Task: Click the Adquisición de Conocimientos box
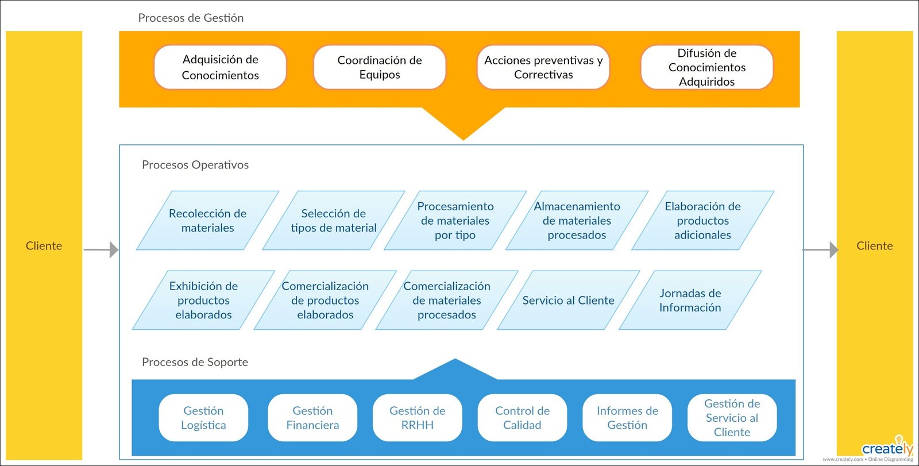[x=220, y=67]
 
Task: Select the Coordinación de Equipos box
[x=379, y=67]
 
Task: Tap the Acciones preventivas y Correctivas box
[x=543, y=67]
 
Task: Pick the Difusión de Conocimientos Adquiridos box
[x=706, y=67]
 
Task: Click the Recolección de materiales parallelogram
[x=207, y=221]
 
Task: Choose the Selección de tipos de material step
[x=333, y=221]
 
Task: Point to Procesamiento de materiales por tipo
[x=455, y=221]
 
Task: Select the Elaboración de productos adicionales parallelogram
[x=702, y=221]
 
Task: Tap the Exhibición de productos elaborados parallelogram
[x=203, y=300]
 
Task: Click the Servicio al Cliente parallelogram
[x=568, y=300]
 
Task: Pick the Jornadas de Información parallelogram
[x=690, y=300]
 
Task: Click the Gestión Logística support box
[x=203, y=418]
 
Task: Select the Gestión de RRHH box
[x=417, y=418]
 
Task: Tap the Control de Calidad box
[x=522, y=418]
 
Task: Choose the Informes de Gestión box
[x=627, y=418]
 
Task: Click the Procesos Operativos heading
[x=195, y=165]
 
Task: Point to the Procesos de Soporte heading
[x=195, y=362]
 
